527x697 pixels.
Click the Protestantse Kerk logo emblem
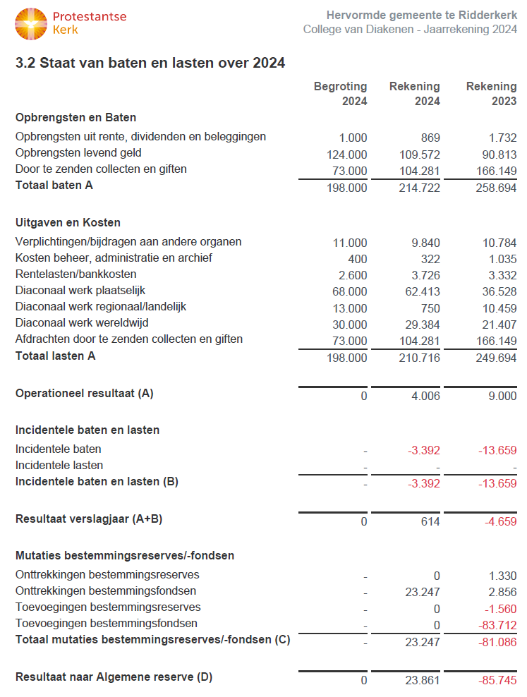[x=30, y=23]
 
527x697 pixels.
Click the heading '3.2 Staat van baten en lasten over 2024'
[x=150, y=63]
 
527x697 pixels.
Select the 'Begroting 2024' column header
[x=340, y=94]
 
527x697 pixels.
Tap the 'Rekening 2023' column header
[x=491, y=94]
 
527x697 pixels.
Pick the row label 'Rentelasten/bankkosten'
[x=76, y=274]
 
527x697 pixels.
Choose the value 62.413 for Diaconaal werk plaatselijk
[x=420, y=291]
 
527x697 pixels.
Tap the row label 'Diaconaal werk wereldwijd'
[x=81, y=323]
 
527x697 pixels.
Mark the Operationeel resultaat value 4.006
[x=425, y=396]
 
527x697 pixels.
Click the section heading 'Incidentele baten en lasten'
[x=87, y=430]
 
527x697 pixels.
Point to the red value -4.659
[x=498, y=522]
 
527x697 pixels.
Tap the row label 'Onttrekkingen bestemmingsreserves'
[x=107, y=574]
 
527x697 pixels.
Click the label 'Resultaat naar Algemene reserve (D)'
[x=114, y=677]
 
